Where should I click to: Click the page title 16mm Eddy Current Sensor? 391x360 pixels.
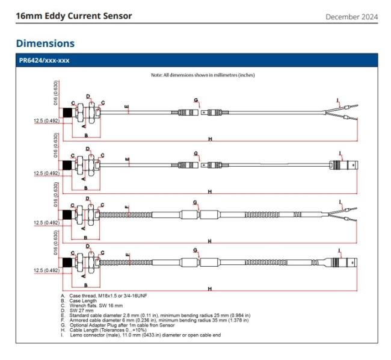pos(74,16)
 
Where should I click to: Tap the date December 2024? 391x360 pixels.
pos(352,17)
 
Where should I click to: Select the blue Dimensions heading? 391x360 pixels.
pos(45,43)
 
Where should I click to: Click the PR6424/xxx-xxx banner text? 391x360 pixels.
pos(44,60)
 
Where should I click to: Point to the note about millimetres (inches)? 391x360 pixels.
pos(203,75)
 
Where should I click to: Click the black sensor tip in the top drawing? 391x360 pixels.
pos(67,113)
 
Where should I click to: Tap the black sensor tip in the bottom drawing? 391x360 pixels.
pos(67,262)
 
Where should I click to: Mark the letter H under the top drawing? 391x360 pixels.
pos(210,139)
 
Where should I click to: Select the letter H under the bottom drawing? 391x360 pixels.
pos(210,288)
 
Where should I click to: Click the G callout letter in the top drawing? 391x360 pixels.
pos(195,100)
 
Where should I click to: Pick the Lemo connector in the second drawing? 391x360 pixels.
pos(343,165)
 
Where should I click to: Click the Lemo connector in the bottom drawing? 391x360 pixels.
pos(344,262)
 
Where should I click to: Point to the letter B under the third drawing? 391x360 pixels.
pos(85,238)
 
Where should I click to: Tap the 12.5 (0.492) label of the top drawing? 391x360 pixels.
pos(47,121)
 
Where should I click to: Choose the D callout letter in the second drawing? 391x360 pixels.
pos(88,149)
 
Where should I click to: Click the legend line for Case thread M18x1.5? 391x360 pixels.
pos(104,296)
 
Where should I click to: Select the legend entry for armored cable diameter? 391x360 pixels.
pos(155,320)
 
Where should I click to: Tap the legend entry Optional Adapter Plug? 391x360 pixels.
pos(118,325)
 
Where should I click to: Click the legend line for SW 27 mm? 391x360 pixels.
pos(77,311)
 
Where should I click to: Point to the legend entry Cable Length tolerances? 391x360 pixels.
pos(103,330)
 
